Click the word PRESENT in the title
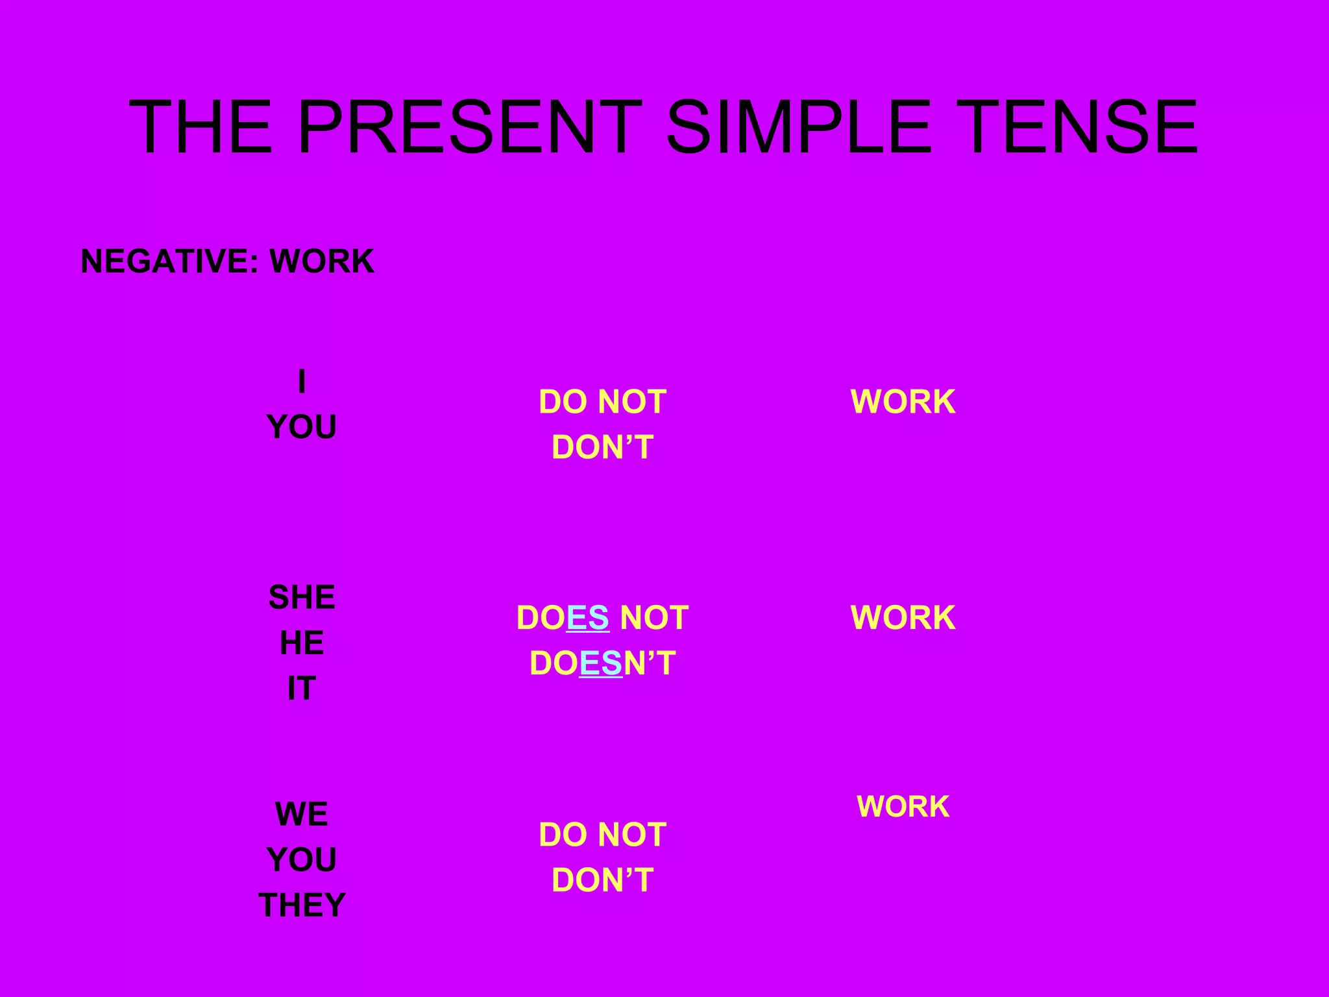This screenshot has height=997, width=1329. point(469,127)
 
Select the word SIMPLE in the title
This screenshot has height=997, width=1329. point(799,127)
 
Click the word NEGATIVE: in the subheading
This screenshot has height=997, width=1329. point(170,262)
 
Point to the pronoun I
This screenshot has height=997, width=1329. point(302,381)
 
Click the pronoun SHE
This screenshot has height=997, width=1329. point(302,597)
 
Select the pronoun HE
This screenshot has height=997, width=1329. point(302,643)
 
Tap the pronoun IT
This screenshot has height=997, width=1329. point(302,688)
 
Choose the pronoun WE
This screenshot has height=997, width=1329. point(302,814)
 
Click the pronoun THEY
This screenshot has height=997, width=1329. point(302,905)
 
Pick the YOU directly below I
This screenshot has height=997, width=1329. point(302,426)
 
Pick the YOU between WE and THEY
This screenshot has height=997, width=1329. point(302,859)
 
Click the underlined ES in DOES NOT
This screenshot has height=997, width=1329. point(588,617)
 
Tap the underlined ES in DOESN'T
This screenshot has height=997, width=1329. point(601,663)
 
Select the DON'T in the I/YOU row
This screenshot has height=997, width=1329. point(602,447)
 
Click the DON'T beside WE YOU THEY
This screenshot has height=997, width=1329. point(602,880)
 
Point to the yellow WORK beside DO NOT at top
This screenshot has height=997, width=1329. point(903,402)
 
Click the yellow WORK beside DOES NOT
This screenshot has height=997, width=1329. point(903,617)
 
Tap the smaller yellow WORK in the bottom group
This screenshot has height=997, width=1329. point(903,806)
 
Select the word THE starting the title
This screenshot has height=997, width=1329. point(201,127)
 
